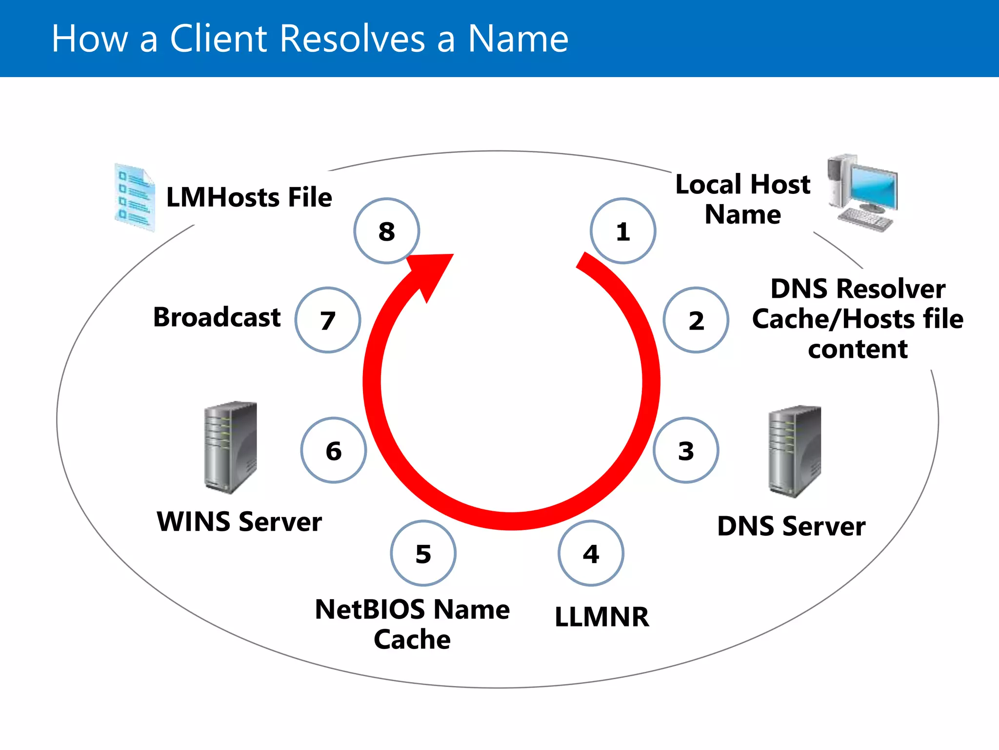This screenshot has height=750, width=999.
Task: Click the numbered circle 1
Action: pyautogui.click(x=622, y=231)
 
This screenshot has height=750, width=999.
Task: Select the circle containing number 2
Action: pyautogui.click(x=696, y=320)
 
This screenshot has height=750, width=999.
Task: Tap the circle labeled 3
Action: pyautogui.click(x=685, y=450)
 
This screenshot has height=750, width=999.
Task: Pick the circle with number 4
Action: pyautogui.click(x=591, y=553)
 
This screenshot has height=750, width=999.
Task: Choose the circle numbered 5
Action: pyautogui.click(x=423, y=553)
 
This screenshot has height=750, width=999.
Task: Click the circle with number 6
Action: pyautogui.click(x=334, y=450)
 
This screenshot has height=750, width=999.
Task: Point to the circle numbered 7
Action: pyautogui.click(x=328, y=320)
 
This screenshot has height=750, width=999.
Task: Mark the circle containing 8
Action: pyautogui.click(x=386, y=231)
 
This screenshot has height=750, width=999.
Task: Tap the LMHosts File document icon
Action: pyautogui.click(x=135, y=198)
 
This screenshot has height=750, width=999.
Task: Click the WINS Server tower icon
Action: pyautogui.click(x=230, y=447)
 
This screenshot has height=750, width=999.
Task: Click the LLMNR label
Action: pyautogui.click(x=602, y=617)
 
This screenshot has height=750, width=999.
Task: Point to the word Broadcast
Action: pyautogui.click(x=217, y=317)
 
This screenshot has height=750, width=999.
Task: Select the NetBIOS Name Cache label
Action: pyautogui.click(x=412, y=624)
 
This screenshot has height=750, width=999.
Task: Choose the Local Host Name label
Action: pyautogui.click(x=742, y=199)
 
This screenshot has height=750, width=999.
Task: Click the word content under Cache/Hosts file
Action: pyautogui.click(x=858, y=350)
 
